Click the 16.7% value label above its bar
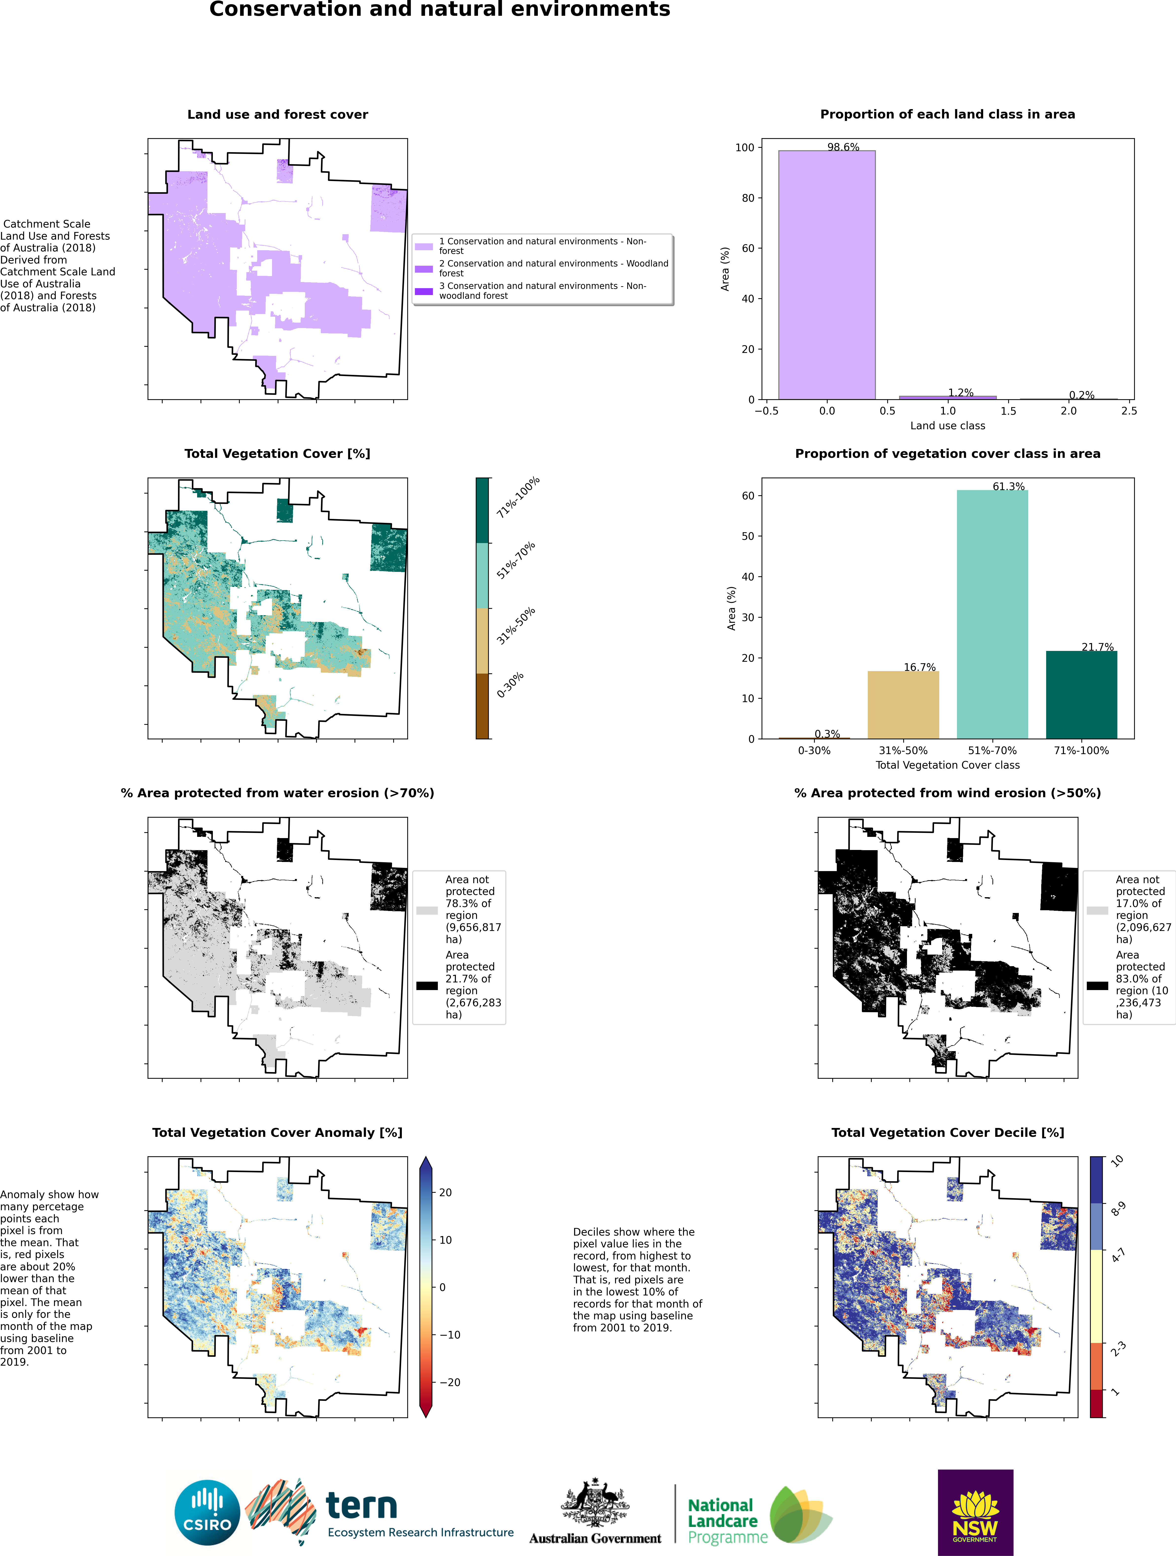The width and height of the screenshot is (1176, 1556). pyautogui.click(x=919, y=667)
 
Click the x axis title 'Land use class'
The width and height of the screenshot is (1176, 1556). pyautogui.click(x=947, y=426)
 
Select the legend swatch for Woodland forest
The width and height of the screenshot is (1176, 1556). pyautogui.click(x=424, y=269)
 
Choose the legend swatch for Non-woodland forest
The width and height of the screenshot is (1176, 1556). pyautogui.click(x=424, y=291)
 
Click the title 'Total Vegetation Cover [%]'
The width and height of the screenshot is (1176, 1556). pyautogui.click(x=277, y=454)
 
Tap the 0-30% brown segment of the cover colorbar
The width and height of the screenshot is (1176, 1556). pyautogui.click(x=482, y=706)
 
